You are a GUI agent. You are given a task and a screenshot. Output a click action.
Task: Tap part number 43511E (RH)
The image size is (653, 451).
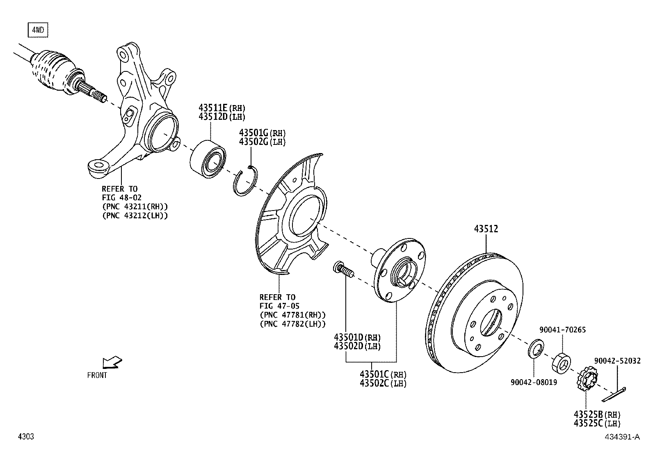coord(221,108)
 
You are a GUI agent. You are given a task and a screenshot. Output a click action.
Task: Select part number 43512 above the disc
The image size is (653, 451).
coord(486,229)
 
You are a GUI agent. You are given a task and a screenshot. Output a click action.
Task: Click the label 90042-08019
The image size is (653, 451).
coord(534,382)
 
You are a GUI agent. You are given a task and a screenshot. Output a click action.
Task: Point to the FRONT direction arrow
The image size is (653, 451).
coord(112,362)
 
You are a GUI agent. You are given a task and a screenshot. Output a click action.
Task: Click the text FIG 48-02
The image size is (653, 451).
coord(122,197)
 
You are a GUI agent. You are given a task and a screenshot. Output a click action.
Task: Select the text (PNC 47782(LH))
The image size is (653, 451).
coord(292,323)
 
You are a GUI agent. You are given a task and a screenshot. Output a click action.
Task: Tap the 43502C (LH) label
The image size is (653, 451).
coord(383,383)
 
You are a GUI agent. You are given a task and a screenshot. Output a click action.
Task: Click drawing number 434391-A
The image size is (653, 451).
coord(622,437)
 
